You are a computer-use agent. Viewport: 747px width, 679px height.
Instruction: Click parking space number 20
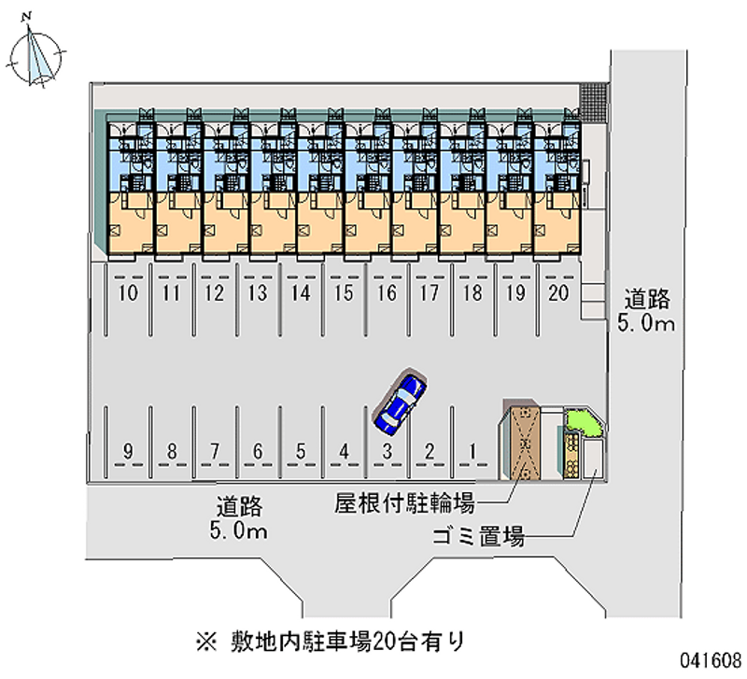click(x=559, y=293)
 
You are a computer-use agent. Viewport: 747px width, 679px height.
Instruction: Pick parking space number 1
click(x=473, y=453)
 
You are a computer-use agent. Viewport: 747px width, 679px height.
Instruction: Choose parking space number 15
click(x=344, y=293)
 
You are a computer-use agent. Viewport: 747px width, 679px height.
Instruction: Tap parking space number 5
click(x=301, y=453)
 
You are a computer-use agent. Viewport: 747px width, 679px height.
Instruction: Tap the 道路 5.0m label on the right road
click(x=647, y=311)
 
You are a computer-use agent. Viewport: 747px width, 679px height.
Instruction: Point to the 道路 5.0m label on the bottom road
click(x=240, y=520)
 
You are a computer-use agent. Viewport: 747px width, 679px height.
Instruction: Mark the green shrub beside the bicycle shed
click(x=585, y=425)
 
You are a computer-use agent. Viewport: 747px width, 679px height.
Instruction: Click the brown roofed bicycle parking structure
click(x=525, y=443)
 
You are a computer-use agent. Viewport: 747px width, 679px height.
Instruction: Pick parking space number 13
click(x=258, y=293)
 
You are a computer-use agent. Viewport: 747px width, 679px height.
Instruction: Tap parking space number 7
click(x=215, y=453)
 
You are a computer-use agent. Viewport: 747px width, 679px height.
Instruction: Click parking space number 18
click(x=472, y=293)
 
